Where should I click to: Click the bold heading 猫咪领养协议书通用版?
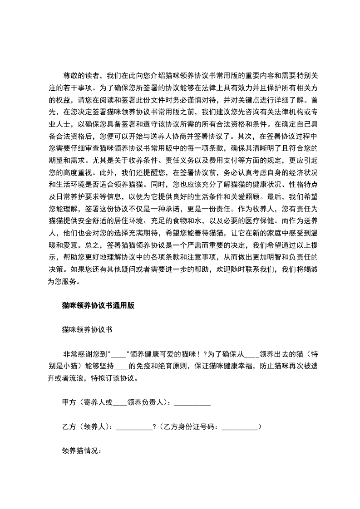point(98,306)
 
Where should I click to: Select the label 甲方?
point(69,402)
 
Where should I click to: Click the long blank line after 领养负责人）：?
point(192,403)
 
